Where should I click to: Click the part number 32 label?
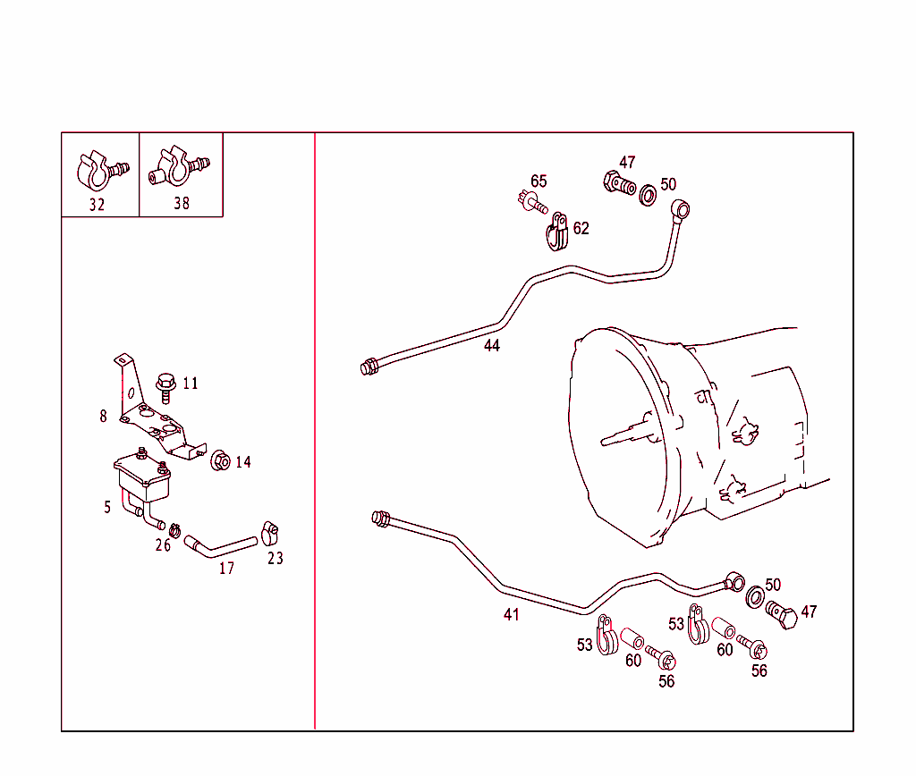(x=97, y=204)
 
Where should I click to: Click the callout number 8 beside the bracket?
(x=104, y=416)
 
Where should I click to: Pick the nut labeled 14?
(x=219, y=461)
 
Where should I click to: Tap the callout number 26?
(x=162, y=545)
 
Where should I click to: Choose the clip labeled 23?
(x=271, y=533)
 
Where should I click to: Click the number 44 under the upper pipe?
(x=492, y=346)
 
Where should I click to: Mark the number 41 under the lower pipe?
(x=511, y=615)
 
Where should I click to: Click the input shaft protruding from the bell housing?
(x=626, y=434)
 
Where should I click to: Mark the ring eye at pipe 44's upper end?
(x=682, y=211)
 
